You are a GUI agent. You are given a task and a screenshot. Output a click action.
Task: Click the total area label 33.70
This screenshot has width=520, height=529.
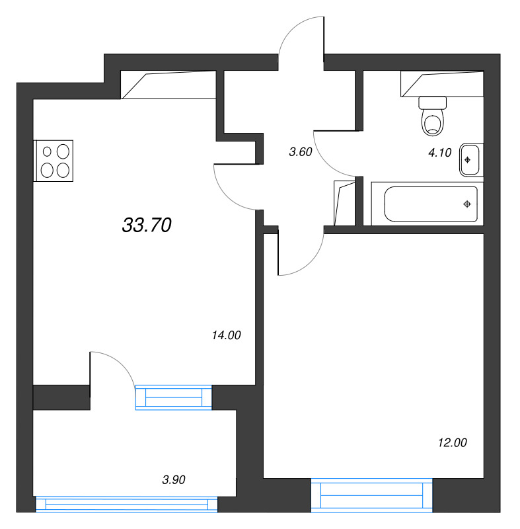click(x=147, y=226)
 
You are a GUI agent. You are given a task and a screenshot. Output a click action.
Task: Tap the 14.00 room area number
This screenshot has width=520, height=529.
click(x=226, y=335)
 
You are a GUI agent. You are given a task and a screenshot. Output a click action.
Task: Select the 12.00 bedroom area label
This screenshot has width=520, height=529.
click(x=452, y=443)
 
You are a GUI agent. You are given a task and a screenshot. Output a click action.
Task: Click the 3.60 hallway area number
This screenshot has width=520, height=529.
click(x=300, y=151)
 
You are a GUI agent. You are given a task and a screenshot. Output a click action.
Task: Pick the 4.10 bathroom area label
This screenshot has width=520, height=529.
click(x=439, y=153)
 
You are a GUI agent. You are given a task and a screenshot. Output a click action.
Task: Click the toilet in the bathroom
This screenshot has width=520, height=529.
click(x=433, y=117)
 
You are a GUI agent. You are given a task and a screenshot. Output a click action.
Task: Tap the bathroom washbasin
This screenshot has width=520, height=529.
click(x=469, y=159)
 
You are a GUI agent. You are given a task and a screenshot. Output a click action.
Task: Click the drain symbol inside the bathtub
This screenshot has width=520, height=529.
click(x=467, y=203)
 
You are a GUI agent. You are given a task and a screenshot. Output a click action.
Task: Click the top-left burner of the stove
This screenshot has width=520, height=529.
click(x=48, y=151)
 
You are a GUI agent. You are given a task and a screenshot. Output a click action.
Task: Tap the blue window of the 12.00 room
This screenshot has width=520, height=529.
click(x=371, y=496)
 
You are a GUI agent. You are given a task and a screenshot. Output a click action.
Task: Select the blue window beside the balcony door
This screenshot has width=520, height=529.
click(x=174, y=397)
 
